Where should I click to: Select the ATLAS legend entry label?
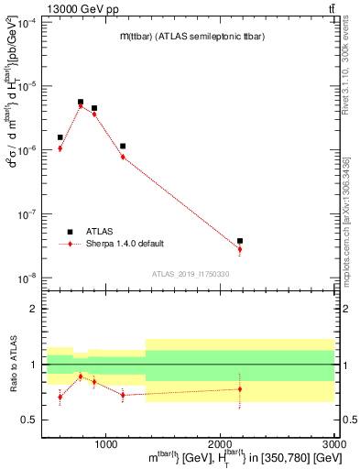100,232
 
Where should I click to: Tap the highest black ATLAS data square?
81,102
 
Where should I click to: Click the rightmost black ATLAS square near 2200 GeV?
240,241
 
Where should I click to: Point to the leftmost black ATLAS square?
60,137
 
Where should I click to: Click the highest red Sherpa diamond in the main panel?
81,106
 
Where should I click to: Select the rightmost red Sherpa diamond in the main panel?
240,249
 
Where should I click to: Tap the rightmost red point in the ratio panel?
240,388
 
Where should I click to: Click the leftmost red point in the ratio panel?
60,397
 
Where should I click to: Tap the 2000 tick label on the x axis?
220,442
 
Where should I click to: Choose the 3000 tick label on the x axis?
333,442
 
